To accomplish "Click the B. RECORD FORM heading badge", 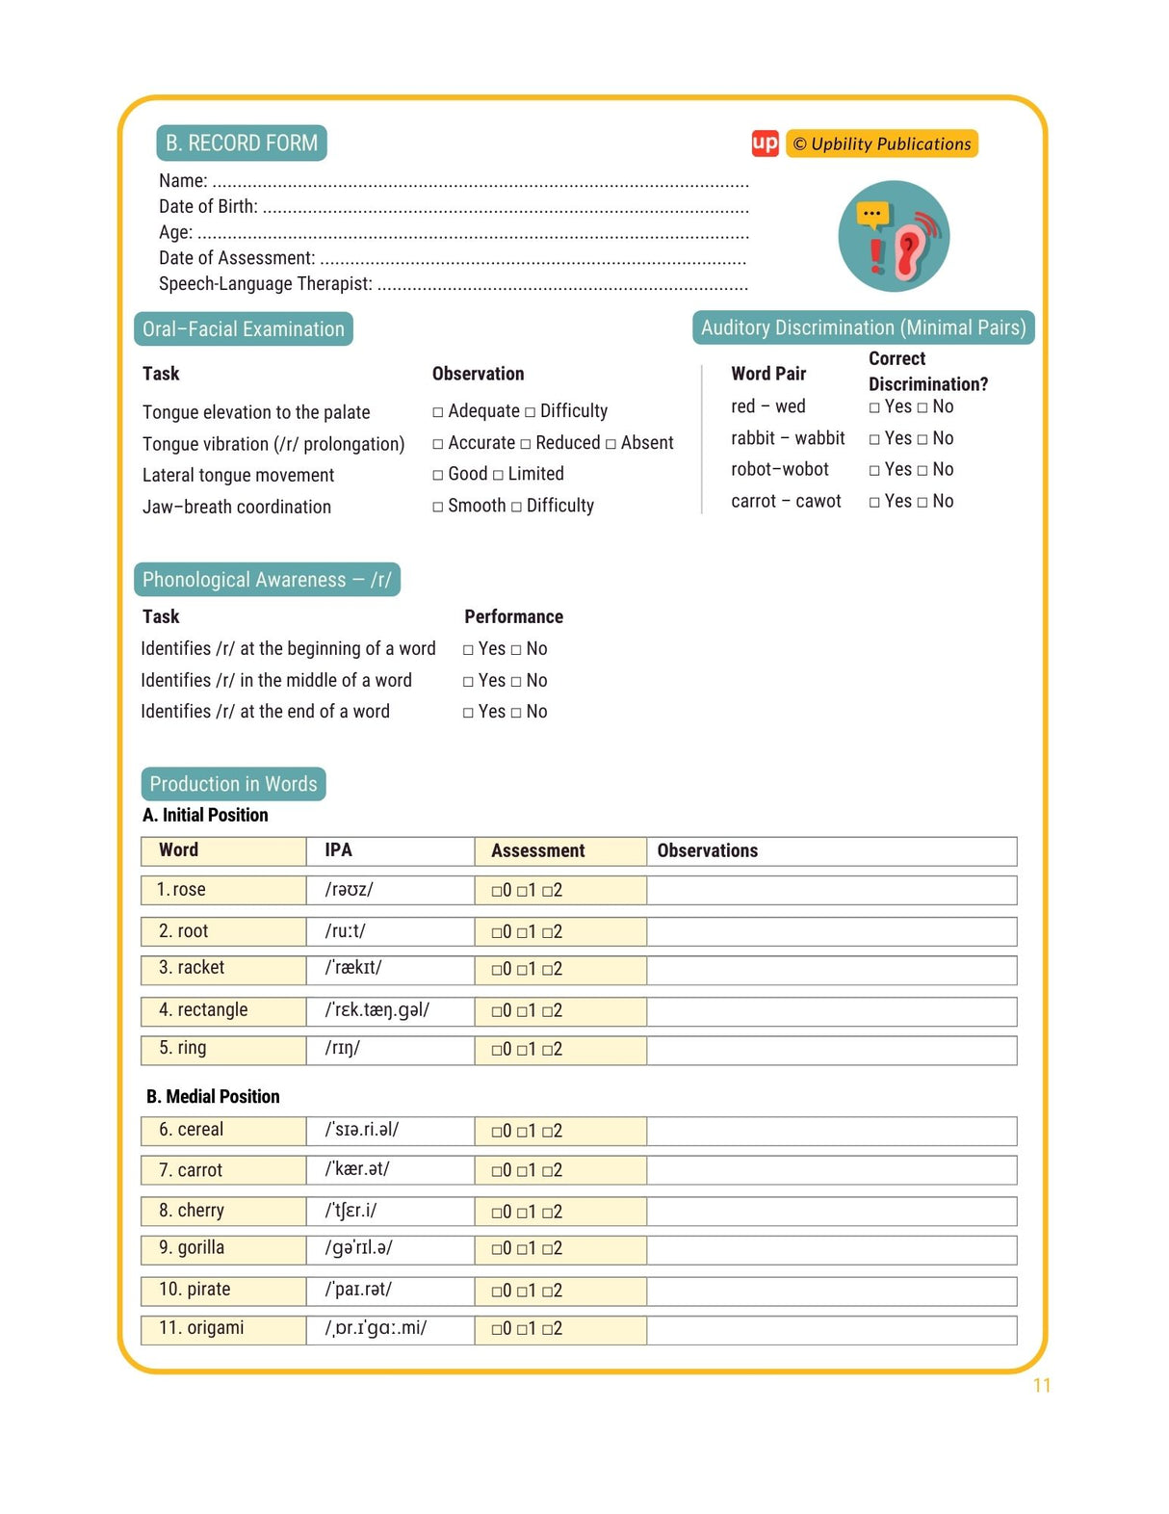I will click(x=241, y=143).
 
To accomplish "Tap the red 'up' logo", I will click(x=765, y=144).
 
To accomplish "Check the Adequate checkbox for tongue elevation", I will click(x=438, y=412).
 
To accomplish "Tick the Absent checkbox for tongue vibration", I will click(x=610, y=444).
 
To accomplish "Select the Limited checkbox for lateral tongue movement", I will click(x=498, y=475).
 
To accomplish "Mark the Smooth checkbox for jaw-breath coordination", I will click(x=438, y=507).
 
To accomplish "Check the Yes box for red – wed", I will click(x=874, y=408).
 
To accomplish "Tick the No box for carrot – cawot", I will click(x=922, y=502).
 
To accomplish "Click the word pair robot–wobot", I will click(x=779, y=469).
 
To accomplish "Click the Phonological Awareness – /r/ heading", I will click(x=267, y=580).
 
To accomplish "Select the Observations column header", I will click(x=707, y=850).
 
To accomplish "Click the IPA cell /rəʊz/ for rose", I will click(x=349, y=890).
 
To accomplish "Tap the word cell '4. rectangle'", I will click(x=203, y=1009).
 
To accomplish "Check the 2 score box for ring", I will click(x=547, y=1050).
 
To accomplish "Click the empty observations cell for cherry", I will click(x=830, y=1211).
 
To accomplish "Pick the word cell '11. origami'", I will click(x=201, y=1328).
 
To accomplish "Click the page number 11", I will click(x=1041, y=1385).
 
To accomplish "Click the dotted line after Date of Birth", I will click(x=506, y=208).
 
